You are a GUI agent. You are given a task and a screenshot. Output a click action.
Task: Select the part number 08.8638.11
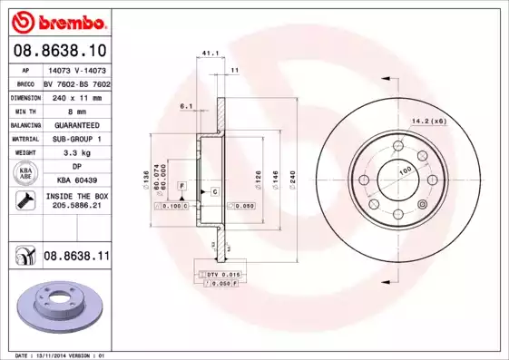(x=76, y=257)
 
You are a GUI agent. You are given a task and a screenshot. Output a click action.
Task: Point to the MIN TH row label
(x=26, y=111)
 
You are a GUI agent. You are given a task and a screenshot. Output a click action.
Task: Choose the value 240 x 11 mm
(x=76, y=96)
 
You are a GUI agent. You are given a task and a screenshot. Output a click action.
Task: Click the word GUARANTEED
(x=76, y=124)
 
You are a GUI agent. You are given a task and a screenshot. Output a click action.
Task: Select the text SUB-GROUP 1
(x=76, y=139)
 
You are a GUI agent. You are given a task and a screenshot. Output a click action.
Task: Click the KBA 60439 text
(x=76, y=181)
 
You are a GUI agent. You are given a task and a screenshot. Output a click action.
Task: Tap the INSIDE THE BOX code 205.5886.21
(x=76, y=207)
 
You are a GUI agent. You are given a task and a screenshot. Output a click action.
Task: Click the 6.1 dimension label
(x=187, y=106)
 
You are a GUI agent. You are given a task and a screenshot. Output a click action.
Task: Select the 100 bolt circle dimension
(x=404, y=170)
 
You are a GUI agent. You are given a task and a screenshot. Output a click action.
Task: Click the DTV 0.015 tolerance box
(x=221, y=274)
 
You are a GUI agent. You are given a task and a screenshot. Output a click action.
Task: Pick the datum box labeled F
(x=182, y=186)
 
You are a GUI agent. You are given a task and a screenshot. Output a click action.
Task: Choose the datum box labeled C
(x=215, y=191)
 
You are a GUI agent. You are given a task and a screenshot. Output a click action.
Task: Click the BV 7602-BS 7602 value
(x=76, y=82)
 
